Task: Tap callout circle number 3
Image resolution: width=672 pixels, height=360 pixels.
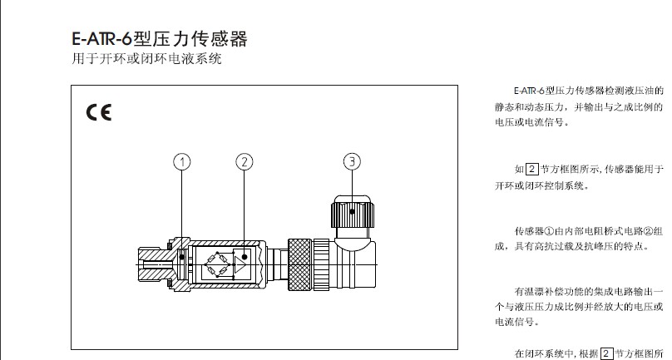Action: point(353,161)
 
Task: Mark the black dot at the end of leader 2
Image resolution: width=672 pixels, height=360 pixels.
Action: point(244,257)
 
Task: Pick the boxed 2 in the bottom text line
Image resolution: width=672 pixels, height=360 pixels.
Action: point(607,353)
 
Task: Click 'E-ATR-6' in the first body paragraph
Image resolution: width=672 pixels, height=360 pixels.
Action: point(529,90)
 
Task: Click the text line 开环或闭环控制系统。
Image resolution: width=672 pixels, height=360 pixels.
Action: point(541,185)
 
